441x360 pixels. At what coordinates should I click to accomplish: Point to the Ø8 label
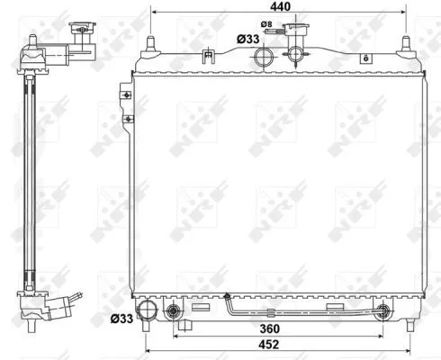coord(266,23)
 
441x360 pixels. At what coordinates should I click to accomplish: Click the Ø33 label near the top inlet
coord(249,39)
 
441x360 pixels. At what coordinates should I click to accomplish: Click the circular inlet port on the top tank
coord(265,58)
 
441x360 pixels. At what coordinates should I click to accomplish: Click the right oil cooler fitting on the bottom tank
coord(383,312)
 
